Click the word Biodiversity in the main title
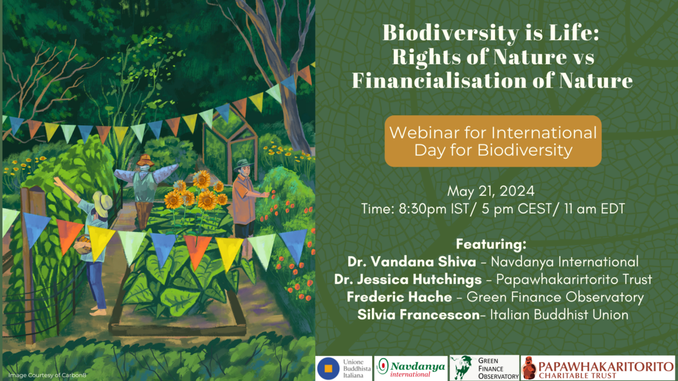point(451,33)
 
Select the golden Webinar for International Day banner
point(493,141)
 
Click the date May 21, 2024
point(490,191)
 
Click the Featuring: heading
point(491,244)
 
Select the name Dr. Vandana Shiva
point(412,262)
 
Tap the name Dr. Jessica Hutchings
point(408,279)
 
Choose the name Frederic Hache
point(399,297)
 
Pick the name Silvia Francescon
point(418,315)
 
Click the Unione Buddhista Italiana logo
point(344,368)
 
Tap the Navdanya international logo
point(411,368)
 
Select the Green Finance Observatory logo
point(484,368)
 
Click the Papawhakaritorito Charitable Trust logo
point(598,368)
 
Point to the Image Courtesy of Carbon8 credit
point(47,375)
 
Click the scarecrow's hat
point(145,160)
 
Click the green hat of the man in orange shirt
point(244,165)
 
